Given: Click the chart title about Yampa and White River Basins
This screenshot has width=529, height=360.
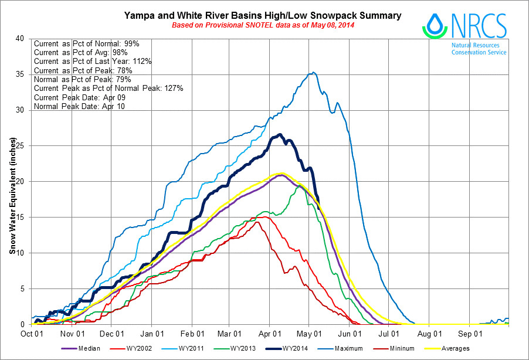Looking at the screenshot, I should [263, 16].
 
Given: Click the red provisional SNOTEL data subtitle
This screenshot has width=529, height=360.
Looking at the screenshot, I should [263, 26].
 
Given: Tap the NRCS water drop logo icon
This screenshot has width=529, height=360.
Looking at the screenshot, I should [435, 25].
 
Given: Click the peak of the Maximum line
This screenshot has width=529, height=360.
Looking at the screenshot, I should [314, 73].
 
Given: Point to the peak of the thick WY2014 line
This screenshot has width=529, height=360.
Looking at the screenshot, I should [280, 135].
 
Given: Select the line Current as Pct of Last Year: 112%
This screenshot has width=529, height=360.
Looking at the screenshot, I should [93, 62].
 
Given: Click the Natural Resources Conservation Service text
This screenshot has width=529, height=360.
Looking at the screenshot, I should [479, 49].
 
